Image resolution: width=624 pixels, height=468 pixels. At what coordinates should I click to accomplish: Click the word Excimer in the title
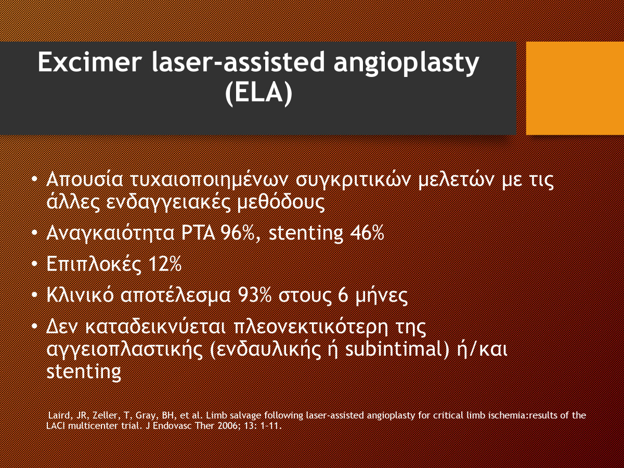pyautogui.click(x=89, y=62)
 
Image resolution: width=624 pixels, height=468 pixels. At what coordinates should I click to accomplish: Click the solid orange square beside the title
pyautogui.click(x=575, y=88)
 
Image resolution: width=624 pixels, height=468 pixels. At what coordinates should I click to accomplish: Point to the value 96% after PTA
pyautogui.click(x=238, y=233)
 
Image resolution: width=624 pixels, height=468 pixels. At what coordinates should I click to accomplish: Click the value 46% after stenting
pyautogui.click(x=367, y=233)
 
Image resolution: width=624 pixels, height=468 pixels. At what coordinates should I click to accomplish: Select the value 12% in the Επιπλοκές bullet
pyautogui.click(x=164, y=264)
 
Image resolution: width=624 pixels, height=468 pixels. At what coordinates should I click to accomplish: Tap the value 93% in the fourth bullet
pyautogui.click(x=255, y=295)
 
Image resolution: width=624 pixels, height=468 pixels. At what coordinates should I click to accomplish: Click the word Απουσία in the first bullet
pyautogui.click(x=85, y=180)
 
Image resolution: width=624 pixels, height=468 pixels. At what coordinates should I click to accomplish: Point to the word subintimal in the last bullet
pyautogui.click(x=397, y=349)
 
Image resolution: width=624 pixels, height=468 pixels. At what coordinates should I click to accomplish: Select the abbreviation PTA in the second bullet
pyautogui.click(x=198, y=233)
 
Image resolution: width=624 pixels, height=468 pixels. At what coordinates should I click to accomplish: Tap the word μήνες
pyautogui.click(x=382, y=296)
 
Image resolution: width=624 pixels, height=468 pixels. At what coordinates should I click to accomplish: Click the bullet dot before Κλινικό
pyautogui.click(x=34, y=295)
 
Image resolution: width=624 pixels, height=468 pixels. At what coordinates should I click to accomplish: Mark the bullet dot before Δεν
pyautogui.click(x=34, y=326)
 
